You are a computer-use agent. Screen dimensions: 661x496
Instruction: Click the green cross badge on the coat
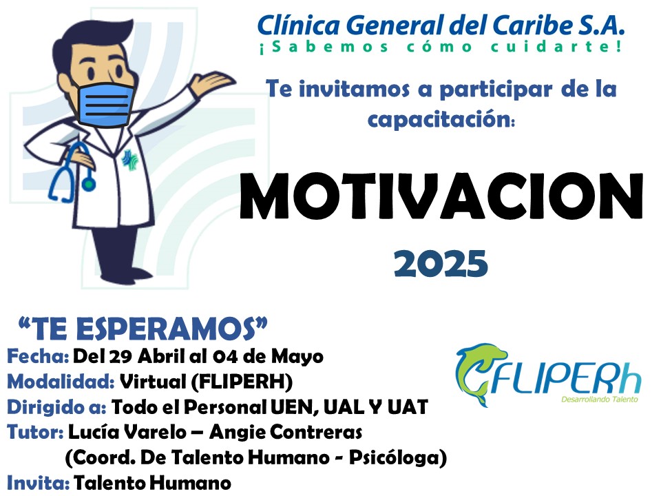pos(130,161)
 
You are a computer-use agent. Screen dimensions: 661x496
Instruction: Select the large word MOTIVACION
pos(441,196)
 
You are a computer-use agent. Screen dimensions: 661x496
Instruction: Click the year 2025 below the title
pos(441,263)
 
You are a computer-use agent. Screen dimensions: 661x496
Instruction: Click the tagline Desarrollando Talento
pos(600,399)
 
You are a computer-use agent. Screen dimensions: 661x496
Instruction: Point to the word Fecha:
pos(38,356)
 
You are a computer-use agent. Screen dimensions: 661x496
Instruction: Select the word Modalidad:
pos(61,382)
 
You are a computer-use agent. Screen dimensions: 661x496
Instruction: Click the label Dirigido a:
pos(56,407)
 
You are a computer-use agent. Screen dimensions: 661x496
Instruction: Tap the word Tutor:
pos(35,432)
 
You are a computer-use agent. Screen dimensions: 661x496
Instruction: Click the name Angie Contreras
pos(286,432)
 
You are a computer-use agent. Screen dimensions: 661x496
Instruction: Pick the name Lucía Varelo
pos(127,432)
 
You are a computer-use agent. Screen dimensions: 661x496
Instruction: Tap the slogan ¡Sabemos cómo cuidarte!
pos(441,46)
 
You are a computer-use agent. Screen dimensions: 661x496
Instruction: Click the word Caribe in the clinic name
pos(532,25)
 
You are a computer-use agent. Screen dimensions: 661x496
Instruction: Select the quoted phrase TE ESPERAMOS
pos(143,329)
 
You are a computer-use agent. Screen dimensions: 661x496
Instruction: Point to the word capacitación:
pos(441,119)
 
